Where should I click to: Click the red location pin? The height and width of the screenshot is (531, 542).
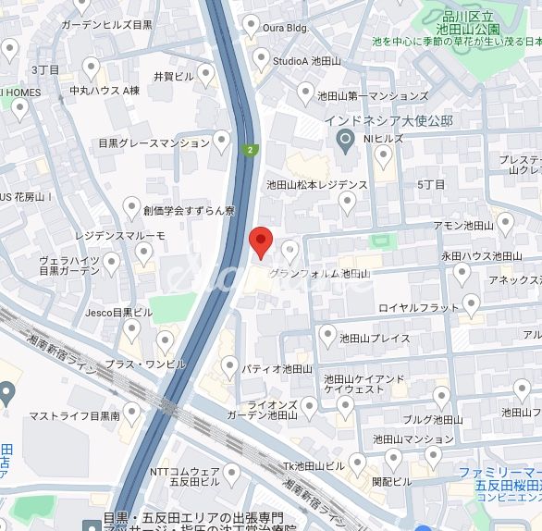tap(262, 241)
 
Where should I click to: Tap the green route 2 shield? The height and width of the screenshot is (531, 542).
tap(250, 150)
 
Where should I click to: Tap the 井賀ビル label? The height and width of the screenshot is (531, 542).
tap(173, 76)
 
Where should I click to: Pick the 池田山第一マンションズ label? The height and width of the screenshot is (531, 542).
tap(373, 95)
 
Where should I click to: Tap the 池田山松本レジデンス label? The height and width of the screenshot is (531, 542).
tap(316, 185)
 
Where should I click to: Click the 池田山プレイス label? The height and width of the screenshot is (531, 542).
tap(375, 339)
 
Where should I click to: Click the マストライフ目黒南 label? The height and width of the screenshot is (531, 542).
tap(74, 417)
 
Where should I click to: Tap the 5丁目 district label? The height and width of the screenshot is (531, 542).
tap(431, 185)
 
